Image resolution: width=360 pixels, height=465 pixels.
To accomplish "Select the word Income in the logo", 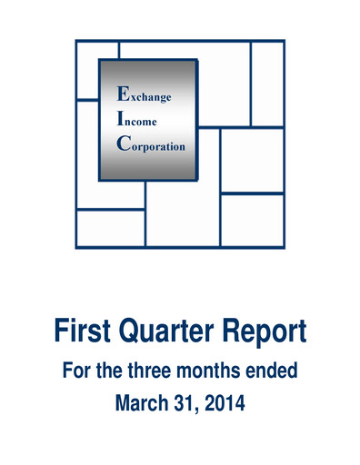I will [x=142, y=119].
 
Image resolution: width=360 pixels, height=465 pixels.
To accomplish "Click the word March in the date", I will [x=138, y=401].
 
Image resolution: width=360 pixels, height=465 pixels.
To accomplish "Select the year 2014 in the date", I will [x=223, y=401].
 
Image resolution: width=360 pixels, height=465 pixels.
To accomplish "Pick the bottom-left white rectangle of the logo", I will [x=109, y=228].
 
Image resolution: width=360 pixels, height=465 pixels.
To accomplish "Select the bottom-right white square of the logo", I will [x=252, y=220].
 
